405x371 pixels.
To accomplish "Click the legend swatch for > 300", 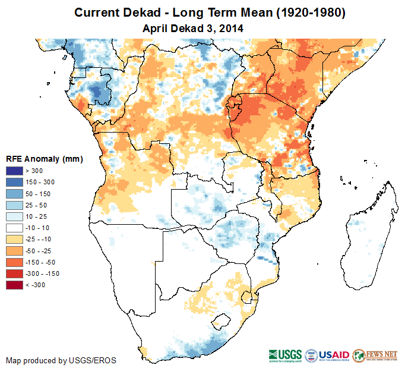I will point(15,171).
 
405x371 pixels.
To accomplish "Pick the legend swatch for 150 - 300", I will point(15,183).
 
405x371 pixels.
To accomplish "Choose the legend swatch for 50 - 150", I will point(15,194).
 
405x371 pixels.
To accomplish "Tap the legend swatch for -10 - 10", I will point(15,228).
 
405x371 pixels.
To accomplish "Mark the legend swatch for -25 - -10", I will point(15,239).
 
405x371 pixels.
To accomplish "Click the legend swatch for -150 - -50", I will point(15,262).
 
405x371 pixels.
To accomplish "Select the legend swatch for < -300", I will point(15,285).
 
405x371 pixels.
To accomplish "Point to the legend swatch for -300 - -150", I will point(15,273).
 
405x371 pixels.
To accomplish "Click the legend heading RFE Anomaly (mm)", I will point(44,159).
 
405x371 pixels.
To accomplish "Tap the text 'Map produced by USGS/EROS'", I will point(61,360).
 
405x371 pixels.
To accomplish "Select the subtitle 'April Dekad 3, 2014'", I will point(194,28).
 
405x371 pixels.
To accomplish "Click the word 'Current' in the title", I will point(96,12).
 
